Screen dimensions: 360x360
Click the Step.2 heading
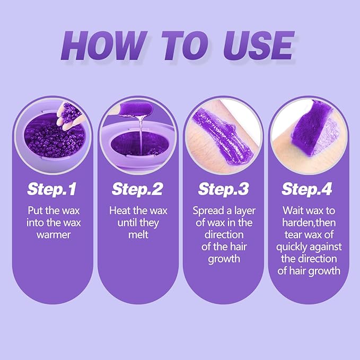click(x=138, y=188)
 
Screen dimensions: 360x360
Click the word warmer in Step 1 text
click(x=54, y=234)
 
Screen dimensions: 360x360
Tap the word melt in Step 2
click(x=138, y=234)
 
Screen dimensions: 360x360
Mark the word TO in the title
click(x=183, y=46)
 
